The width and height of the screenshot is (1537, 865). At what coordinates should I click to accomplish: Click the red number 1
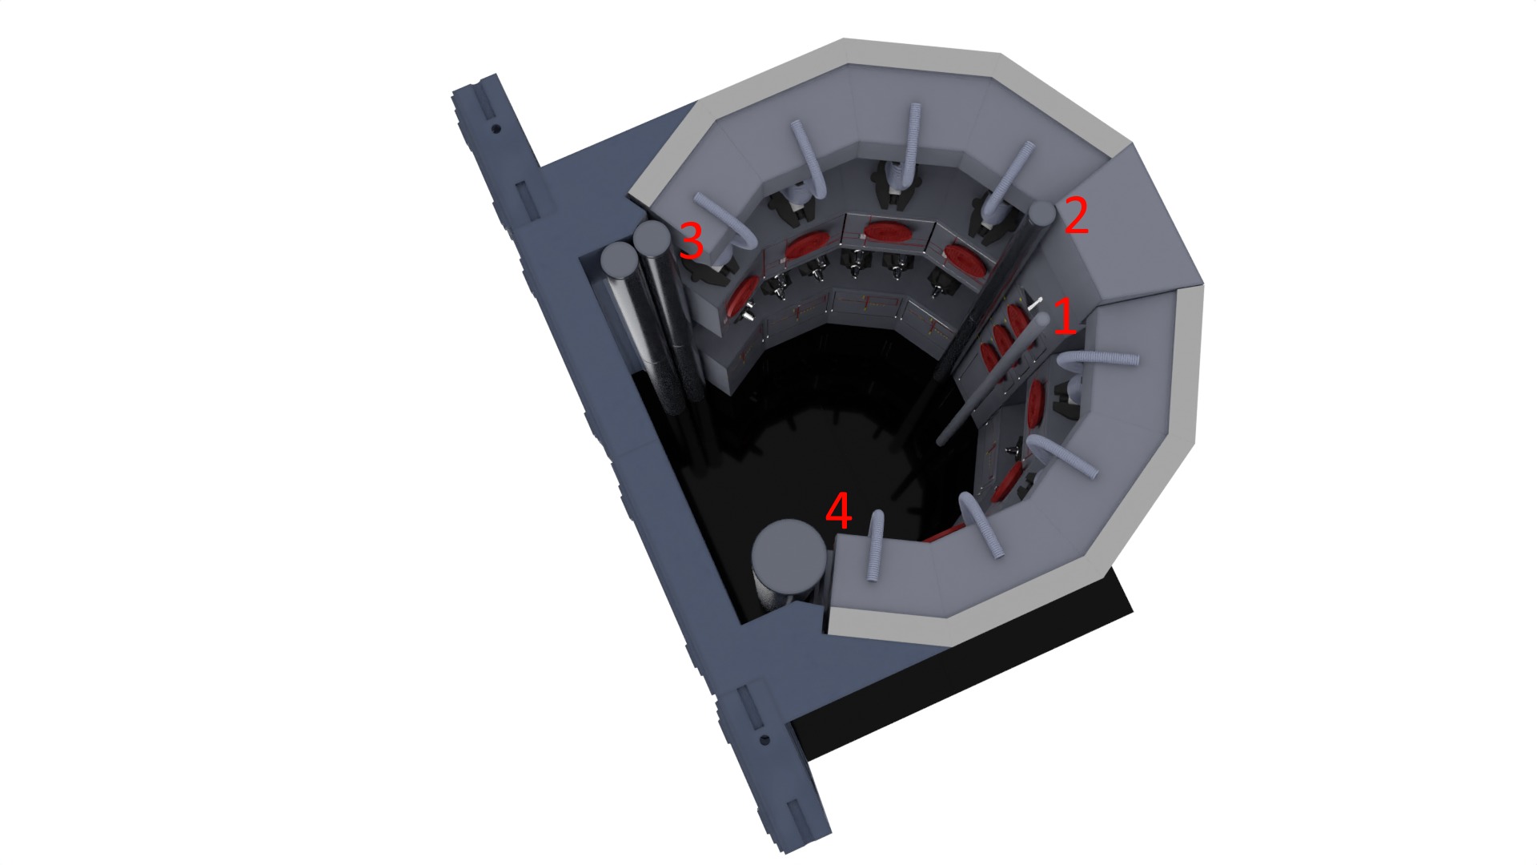1064,316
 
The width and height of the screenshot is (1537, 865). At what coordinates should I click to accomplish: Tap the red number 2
1077,216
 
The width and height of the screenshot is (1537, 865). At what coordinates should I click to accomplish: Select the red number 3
691,240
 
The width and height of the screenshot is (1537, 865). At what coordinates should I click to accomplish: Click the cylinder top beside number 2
1041,214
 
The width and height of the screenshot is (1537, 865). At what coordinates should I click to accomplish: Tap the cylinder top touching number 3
651,237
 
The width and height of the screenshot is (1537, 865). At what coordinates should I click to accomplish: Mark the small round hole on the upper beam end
496,128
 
